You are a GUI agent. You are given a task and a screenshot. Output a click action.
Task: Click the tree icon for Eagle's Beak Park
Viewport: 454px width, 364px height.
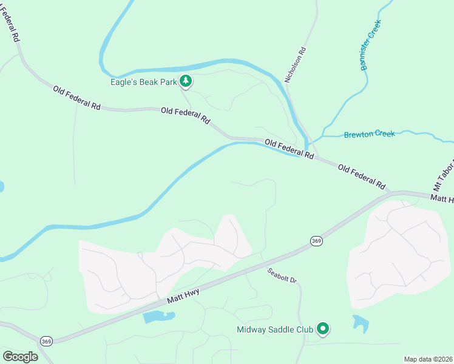coord(186,81)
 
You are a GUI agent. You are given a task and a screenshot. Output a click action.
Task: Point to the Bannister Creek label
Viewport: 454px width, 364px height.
coord(370,45)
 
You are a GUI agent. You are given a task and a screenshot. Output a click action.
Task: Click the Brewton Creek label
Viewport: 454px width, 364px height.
coord(370,134)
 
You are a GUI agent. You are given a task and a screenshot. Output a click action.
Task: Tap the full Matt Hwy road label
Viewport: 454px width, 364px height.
coord(184,297)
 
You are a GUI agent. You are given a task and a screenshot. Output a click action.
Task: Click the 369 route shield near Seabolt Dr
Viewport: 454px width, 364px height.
coord(316,241)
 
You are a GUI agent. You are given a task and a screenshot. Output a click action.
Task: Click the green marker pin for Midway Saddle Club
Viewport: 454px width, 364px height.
coord(323,329)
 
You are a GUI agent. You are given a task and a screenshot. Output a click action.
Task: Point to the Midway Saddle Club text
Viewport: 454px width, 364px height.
coord(274,330)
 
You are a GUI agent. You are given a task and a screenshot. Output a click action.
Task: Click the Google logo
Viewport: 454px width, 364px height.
coord(20,357)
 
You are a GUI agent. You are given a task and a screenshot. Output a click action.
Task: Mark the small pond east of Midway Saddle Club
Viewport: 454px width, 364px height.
coord(361,324)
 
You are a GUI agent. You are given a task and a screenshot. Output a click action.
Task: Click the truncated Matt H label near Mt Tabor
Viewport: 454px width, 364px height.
coord(441,198)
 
